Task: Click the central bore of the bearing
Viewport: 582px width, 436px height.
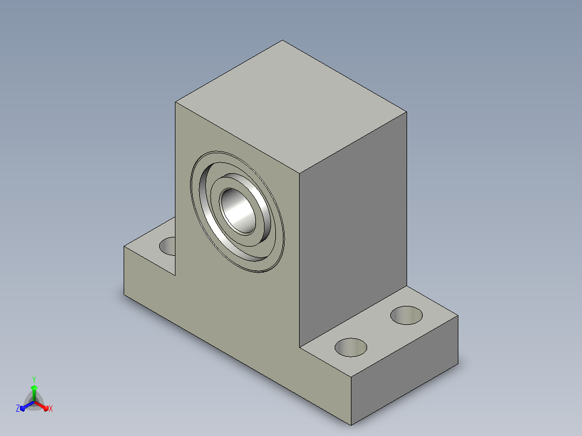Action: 238,211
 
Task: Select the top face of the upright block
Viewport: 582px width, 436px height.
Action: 290,106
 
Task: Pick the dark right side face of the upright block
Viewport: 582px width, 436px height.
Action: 353,229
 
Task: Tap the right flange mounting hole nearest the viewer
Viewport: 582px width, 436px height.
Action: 351,348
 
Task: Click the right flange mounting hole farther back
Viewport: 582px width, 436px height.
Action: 407,316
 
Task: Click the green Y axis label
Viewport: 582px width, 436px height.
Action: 34,380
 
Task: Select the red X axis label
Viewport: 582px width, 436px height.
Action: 51,408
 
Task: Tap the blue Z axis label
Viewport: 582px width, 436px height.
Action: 17,408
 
